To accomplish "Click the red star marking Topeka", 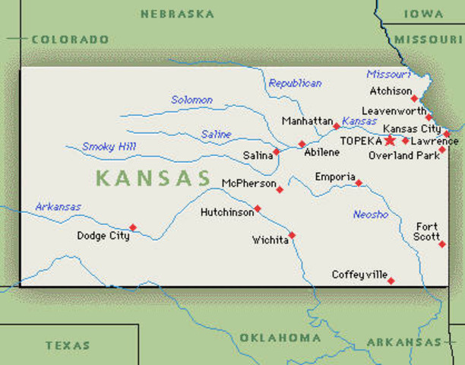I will coord(391,140).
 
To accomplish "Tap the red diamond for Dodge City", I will coord(133,227).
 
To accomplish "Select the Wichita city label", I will coord(270,240).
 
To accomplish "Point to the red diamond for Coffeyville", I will coord(391,281).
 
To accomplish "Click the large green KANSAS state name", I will coord(153,179).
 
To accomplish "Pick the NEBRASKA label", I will coord(177,14).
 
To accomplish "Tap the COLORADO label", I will coord(69,39).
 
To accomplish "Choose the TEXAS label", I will coord(68,345).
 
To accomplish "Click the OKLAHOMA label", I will coord(280,338).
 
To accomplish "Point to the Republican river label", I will coord(295,83).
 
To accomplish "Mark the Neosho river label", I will coord(371,214).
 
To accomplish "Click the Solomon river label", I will coord(191,100).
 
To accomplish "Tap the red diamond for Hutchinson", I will coord(258,208).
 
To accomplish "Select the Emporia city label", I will coord(335,177).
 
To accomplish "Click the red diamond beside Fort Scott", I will coord(441,244).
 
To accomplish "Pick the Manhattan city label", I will coord(307,121).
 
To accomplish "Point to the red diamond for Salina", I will coord(276,151).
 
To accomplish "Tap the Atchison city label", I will coord(390,90).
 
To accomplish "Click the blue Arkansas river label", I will coord(58,207).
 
